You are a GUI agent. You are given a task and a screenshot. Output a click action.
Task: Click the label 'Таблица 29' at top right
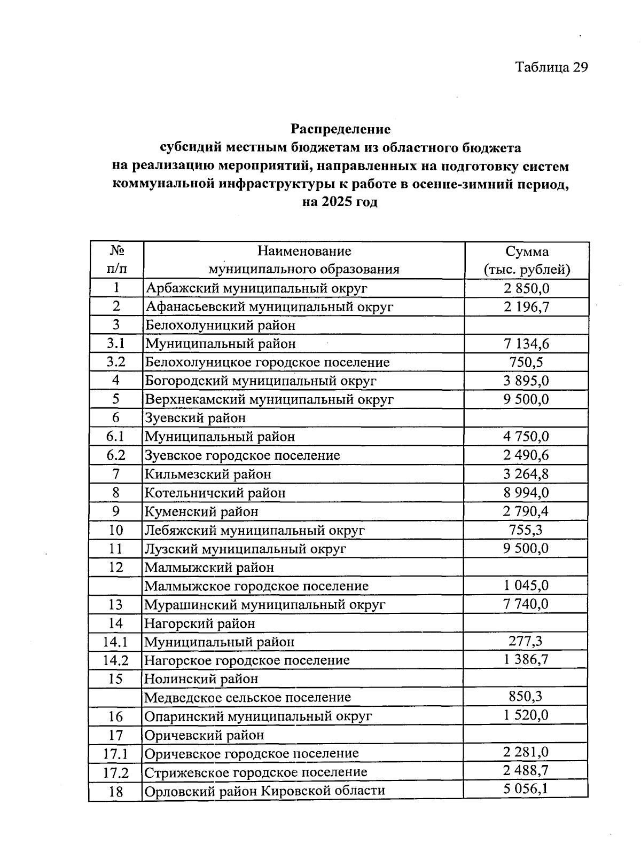551,67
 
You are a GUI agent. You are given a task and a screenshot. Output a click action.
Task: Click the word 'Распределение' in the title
340,129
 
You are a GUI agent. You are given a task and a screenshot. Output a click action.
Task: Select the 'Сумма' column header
527,251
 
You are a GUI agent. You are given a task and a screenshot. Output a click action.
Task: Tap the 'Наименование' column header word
304,251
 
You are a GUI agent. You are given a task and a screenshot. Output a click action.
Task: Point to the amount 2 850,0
526,289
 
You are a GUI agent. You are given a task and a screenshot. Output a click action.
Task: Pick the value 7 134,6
526,344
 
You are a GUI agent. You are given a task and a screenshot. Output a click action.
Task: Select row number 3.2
116,362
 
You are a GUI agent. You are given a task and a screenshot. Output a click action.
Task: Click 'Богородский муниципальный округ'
261,381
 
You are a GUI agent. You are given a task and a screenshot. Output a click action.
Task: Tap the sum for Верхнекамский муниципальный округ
526,400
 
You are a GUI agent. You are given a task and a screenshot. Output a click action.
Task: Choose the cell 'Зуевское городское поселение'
242,456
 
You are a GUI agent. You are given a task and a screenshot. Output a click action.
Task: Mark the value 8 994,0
526,493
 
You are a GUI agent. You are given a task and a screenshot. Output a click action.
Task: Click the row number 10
116,531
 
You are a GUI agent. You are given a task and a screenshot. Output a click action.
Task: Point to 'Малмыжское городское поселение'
256,586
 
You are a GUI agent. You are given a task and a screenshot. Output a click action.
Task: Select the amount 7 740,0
526,604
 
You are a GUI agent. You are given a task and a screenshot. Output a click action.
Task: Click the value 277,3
526,641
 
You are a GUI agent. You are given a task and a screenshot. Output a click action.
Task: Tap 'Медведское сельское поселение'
247,698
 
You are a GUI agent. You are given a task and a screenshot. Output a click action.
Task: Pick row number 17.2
116,772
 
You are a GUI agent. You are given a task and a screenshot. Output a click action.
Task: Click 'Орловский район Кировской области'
264,791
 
